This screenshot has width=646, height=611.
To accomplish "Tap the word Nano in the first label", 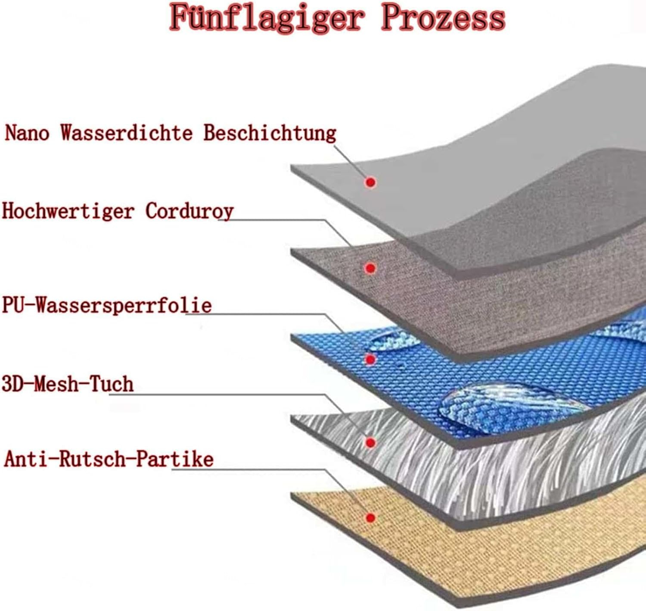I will [x=27, y=132].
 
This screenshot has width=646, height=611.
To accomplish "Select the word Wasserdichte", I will [x=126, y=132].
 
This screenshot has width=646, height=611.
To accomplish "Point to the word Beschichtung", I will [x=270, y=132].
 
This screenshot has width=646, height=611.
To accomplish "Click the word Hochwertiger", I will [x=68, y=211].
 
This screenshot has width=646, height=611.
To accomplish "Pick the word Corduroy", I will [x=189, y=211].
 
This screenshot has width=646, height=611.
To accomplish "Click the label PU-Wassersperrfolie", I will [x=107, y=305].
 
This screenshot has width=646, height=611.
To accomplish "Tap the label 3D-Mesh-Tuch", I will [x=68, y=384].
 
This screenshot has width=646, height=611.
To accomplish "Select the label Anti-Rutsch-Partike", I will [x=109, y=459].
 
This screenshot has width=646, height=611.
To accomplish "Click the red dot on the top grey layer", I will [x=370, y=182].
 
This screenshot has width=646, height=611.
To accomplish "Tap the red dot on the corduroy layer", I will [x=370, y=268].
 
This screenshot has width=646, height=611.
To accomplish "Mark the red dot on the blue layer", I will [x=370, y=359].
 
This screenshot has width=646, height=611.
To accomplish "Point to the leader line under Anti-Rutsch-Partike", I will [x=250, y=469].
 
